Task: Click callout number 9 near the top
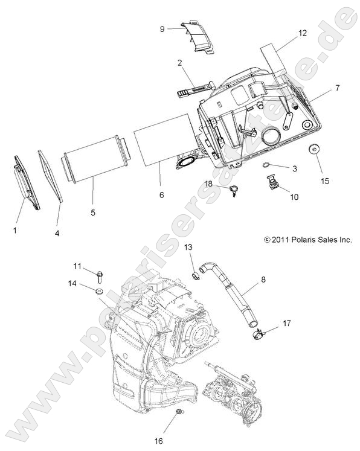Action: pyautogui.click(x=162, y=28)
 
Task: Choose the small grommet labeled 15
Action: pyautogui.click(x=315, y=149)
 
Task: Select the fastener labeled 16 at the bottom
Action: pyautogui.click(x=179, y=412)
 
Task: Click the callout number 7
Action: pyautogui.click(x=337, y=88)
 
